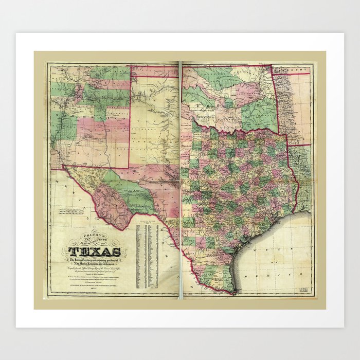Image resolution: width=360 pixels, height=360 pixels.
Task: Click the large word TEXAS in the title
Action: tap(95, 251)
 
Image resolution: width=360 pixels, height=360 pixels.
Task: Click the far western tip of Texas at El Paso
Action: tap(64, 167)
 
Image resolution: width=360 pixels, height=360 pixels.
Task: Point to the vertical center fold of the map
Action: tap(180, 180)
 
